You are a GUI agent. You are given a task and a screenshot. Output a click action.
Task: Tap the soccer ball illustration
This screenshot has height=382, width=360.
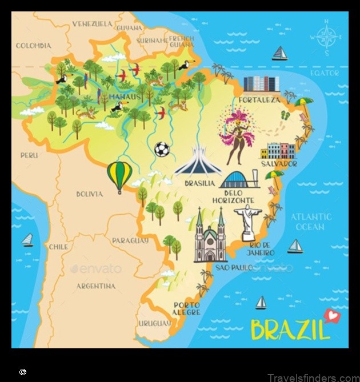point(162,149)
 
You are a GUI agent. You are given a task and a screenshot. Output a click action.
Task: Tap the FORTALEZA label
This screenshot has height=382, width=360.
point(260,99)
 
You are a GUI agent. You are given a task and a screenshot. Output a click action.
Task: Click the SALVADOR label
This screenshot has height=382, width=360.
point(279,163)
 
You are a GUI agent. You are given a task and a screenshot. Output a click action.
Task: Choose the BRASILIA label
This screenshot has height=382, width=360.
point(199,183)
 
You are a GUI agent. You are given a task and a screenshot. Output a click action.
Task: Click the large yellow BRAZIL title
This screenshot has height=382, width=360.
point(290,330)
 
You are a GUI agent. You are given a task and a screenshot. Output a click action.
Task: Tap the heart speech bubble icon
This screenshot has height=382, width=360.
point(330,314)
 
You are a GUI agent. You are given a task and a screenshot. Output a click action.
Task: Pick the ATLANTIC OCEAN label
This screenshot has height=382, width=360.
point(310,222)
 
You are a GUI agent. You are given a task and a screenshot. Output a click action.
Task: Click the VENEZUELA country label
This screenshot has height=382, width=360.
point(92,24)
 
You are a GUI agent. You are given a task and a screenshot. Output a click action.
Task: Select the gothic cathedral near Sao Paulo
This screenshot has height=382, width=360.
point(210,237)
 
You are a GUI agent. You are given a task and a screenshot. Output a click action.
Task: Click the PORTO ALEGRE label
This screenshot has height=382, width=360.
point(187,308)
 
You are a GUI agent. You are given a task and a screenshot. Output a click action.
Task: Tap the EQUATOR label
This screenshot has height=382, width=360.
point(325,73)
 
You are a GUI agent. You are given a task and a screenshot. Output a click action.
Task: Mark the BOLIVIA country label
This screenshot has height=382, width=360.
point(90,194)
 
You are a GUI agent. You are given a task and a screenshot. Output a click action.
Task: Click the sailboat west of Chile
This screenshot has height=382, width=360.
point(27,240)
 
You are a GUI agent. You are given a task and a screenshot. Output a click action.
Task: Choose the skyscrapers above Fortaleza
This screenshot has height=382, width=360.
point(262,85)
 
